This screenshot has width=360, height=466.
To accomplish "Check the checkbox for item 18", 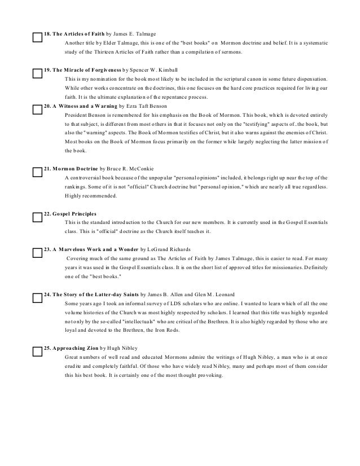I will click(38, 38).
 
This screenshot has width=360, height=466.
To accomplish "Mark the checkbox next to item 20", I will click(38, 108).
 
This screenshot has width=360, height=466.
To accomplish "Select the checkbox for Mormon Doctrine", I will click(38, 172).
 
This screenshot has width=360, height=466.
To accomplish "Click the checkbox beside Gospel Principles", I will click(38, 217).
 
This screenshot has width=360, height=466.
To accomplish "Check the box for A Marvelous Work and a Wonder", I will click(38, 252).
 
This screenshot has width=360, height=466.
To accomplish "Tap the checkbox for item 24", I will click(38, 298).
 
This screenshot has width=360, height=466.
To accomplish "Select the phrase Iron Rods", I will click(193, 330).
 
